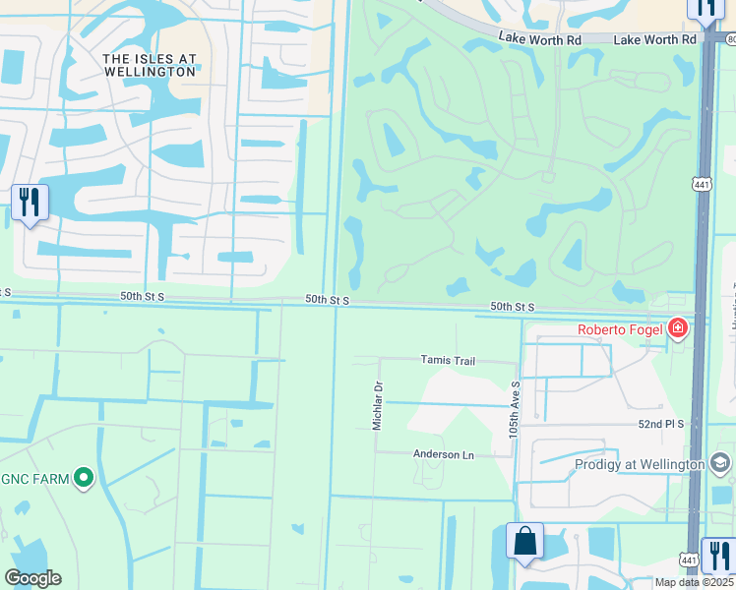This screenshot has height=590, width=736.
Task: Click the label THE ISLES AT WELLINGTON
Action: [x=150, y=66]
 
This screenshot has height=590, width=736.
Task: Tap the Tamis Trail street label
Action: [x=448, y=361]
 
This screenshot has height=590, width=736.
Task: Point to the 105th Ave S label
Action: [x=514, y=411]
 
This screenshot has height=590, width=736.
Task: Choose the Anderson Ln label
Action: [x=443, y=454]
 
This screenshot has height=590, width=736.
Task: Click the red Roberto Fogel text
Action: [x=620, y=330]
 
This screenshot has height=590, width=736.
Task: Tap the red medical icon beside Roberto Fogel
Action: [x=677, y=328]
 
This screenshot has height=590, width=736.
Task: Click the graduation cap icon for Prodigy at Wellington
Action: [x=720, y=463]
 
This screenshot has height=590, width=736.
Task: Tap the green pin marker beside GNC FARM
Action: [x=84, y=479]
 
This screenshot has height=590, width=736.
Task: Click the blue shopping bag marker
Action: [x=524, y=542]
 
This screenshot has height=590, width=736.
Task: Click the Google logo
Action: [x=32, y=578]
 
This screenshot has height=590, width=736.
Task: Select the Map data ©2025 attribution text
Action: [x=694, y=583]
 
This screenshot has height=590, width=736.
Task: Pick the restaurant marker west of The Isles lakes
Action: [x=30, y=204]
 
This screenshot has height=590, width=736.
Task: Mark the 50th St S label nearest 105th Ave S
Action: [x=512, y=307]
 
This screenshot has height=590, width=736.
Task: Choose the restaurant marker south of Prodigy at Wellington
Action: [x=718, y=556]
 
